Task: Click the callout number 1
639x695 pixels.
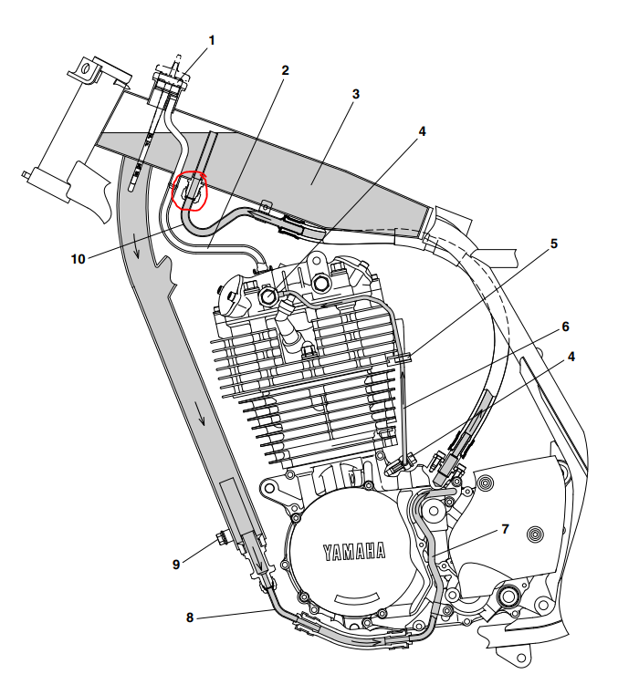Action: (x=213, y=40)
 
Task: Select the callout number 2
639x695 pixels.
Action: (x=286, y=69)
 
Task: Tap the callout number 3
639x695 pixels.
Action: (x=355, y=93)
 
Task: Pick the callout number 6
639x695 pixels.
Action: (x=565, y=327)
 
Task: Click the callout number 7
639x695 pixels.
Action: (x=505, y=529)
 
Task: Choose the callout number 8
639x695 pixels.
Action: (x=190, y=617)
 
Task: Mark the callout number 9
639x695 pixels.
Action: (x=176, y=564)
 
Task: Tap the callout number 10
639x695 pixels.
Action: (x=79, y=258)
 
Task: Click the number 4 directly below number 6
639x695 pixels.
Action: (x=572, y=358)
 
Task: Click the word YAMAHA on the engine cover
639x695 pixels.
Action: (x=353, y=551)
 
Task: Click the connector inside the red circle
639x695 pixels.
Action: (x=191, y=190)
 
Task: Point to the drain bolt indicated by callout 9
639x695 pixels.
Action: (x=221, y=536)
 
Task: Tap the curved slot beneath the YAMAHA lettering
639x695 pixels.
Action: (x=358, y=597)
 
